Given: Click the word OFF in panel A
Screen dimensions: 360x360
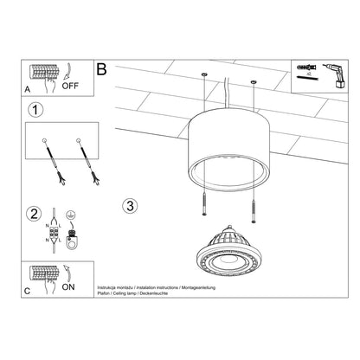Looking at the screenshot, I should pyautogui.click(x=72, y=86).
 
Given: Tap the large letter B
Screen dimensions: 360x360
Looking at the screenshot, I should pyautogui.click(x=103, y=69).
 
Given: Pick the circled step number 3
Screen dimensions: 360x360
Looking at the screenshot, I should pyautogui.click(x=130, y=206).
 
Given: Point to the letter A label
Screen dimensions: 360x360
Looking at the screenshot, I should pyautogui.click(x=29, y=88).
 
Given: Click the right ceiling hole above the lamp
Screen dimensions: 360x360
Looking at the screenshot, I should pyautogui.click(x=254, y=82).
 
